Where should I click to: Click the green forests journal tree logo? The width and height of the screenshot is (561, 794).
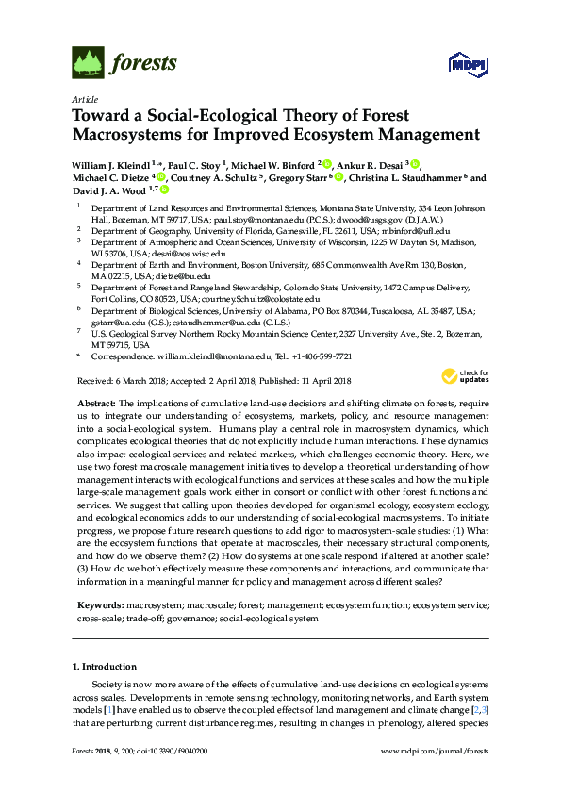(x=87, y=63)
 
